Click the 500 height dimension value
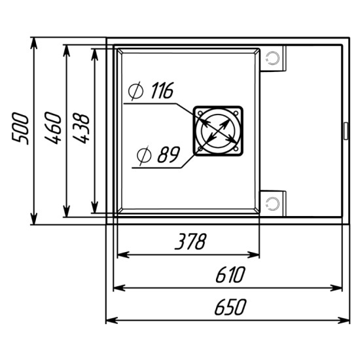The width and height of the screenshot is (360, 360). (21, 128)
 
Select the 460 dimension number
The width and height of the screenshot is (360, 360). (53, 128)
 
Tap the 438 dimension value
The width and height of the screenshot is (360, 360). (81, 128)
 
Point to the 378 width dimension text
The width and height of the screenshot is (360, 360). (190, 242)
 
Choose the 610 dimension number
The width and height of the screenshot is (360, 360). (230, 275)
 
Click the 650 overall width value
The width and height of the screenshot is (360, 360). (230, 307)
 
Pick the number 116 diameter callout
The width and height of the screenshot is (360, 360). (162, 90)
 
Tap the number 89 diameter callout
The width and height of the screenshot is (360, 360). (169, 154)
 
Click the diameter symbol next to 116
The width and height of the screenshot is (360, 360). (135, 91)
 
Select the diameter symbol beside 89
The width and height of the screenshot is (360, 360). (144, 155)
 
